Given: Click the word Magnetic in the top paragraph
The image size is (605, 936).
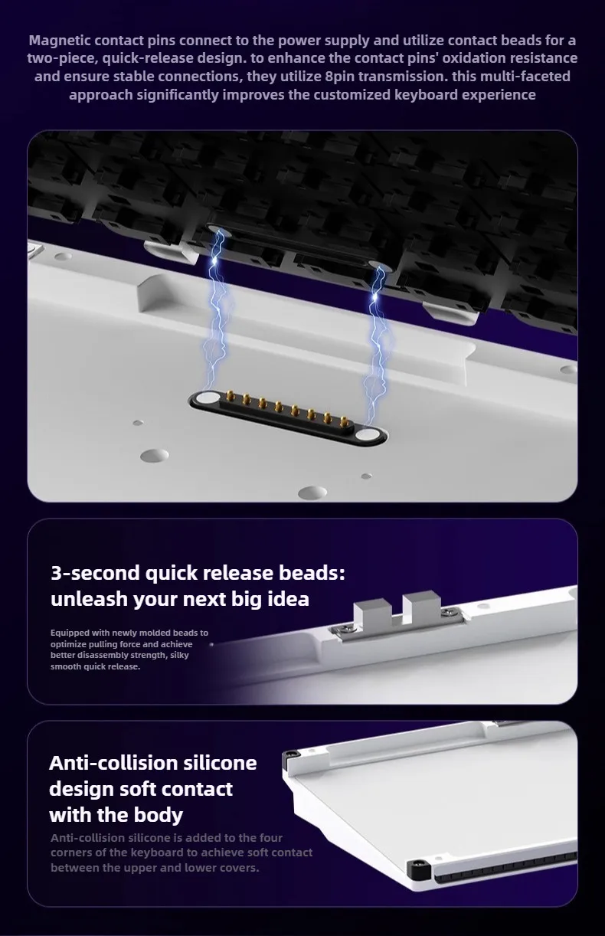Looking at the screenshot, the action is pyautogui.click(x=60, y=41).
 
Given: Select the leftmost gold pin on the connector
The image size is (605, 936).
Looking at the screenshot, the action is pyautogui.click(x=230, y=395).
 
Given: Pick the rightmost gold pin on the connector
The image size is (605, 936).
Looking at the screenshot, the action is pyautogui.click(x=343, y=421).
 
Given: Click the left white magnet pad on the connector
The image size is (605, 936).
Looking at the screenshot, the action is pyautogui.click(x=204, y=398).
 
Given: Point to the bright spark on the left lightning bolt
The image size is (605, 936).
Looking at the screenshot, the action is pyautogui.click(x=214, y=260).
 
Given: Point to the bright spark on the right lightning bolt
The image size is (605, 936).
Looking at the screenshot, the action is pyautogui.click(x=374, y=296).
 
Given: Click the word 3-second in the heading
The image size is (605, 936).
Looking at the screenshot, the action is pyautogui.click(x=95, y=573).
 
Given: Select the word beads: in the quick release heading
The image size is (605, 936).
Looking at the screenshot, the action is pyautogui.click(x=312, y=573).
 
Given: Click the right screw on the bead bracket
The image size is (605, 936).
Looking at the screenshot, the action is pyautogui.click(x=448, y=613).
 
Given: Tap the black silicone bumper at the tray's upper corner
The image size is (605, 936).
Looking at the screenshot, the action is pyautogui.click(x=291, y=754).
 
